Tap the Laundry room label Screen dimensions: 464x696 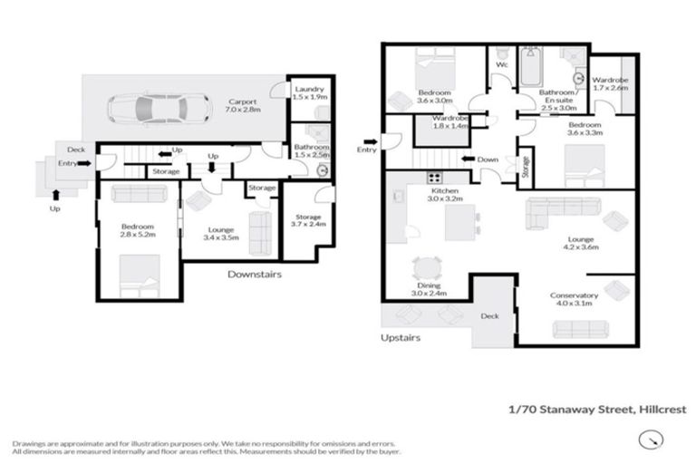click(x=309, y=93)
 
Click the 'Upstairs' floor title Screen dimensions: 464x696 click(x=401, y=337)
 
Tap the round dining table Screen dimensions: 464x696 click(x=426, y=268)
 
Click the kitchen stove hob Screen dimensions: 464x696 click(x=435, y=179)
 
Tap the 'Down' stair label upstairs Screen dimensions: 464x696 click(x=487, y=159)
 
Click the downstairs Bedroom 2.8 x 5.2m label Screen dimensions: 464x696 click(x=138, y=231)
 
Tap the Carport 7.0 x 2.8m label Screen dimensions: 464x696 click(x=242, y=106)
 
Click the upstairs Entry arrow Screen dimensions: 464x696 click(x=368, y=141)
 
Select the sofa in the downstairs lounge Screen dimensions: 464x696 click(x=259, y=233)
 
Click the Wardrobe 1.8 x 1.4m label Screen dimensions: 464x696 click(x=449, y=123)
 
